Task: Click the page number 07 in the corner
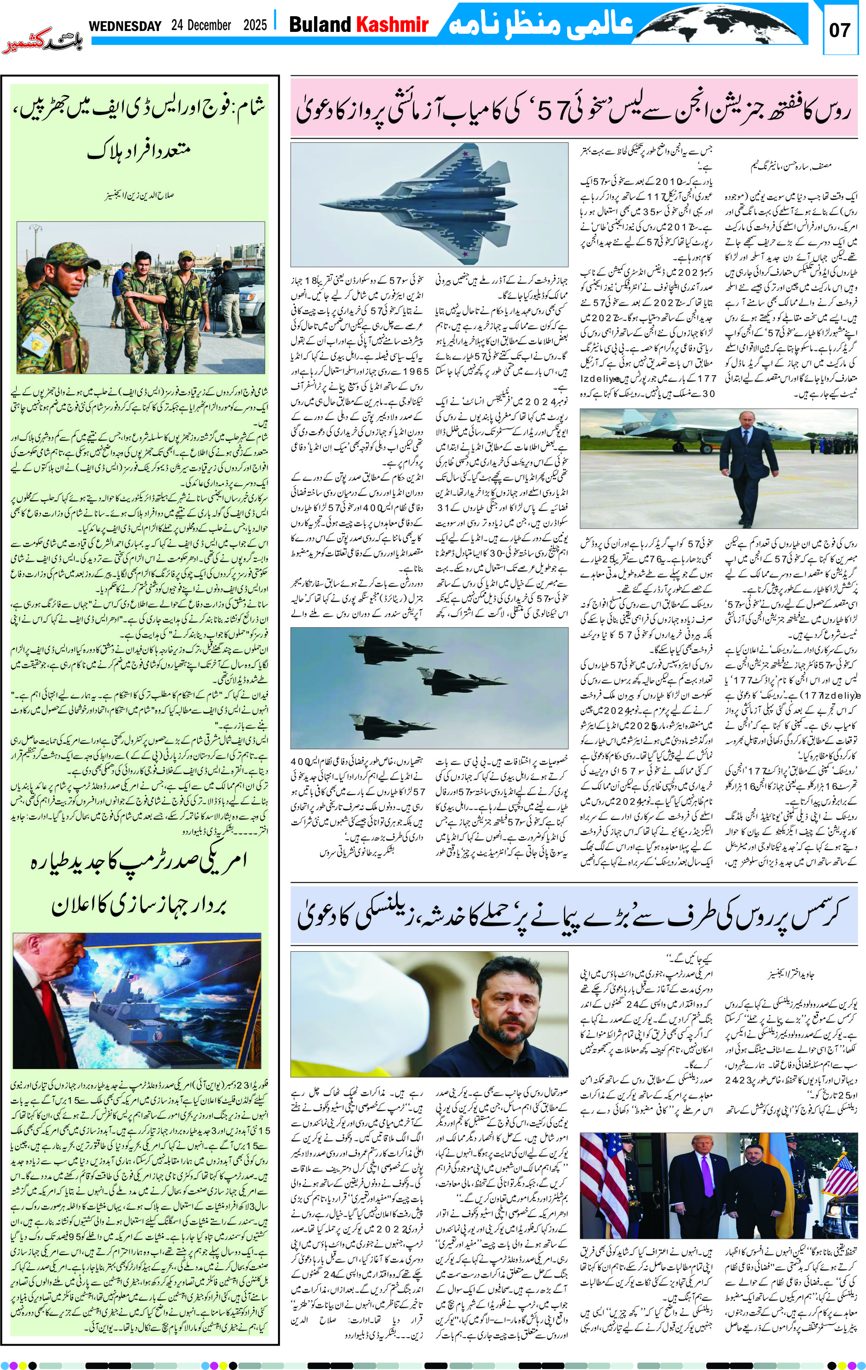pyautogui.click(x=839, y=30)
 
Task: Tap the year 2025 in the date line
pyautogui.click(x=255, y=25)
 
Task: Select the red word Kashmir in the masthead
pyautogui.click(x=392, y=24)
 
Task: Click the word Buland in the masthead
pyautogui.click(x=320, y=24)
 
